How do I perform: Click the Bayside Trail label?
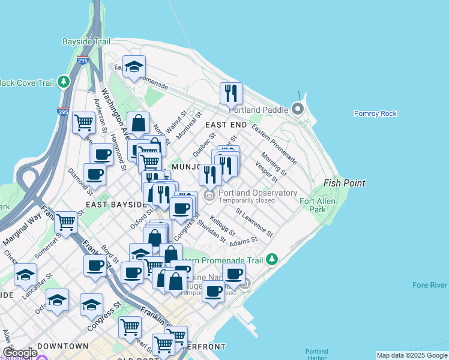[86, 42]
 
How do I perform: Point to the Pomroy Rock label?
[375, 113]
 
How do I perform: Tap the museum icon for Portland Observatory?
[209, 196]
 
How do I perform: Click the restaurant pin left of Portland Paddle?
[231, 94]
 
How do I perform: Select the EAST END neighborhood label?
[226, 125]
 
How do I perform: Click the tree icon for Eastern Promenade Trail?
[273, 259]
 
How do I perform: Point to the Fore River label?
[430, 286]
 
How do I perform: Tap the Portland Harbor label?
[316, 355]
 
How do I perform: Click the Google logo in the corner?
[19, 353]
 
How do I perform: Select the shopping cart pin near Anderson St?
[83, 122]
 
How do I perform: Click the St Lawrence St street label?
[255, 223]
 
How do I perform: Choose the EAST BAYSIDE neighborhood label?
[116, 205]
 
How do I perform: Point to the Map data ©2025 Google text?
[412, 355]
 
